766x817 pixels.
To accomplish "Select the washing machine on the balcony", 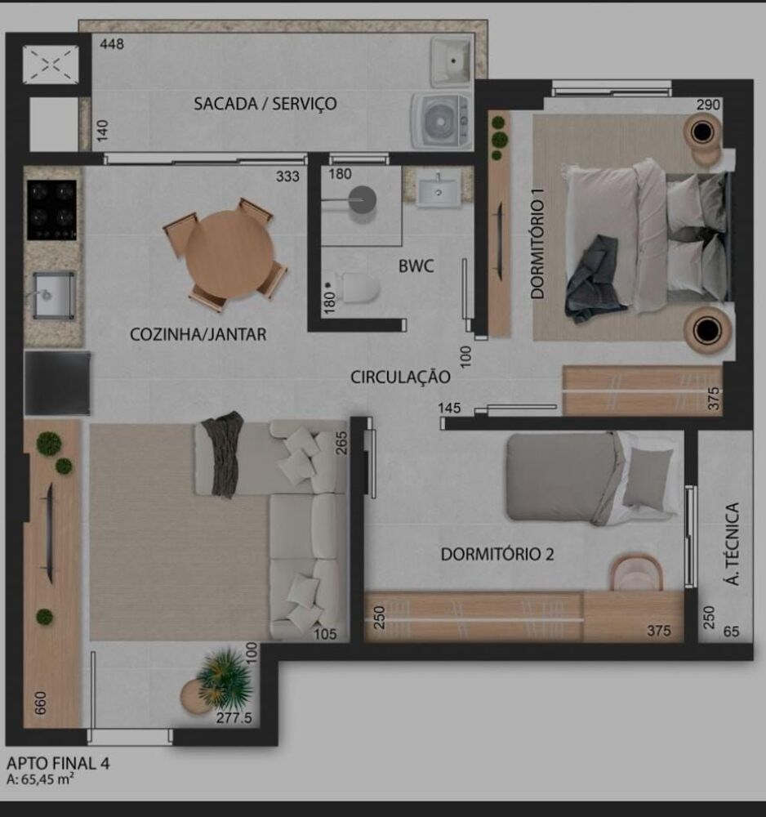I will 441,119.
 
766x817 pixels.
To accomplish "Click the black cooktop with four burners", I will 51,209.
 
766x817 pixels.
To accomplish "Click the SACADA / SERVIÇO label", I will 265,104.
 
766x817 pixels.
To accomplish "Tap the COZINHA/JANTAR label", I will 198,334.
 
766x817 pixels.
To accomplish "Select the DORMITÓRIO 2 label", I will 497,554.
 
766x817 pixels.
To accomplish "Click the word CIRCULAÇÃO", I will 400,377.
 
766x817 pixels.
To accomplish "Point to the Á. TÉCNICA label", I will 732,543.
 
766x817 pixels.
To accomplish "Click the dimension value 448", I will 112,44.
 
